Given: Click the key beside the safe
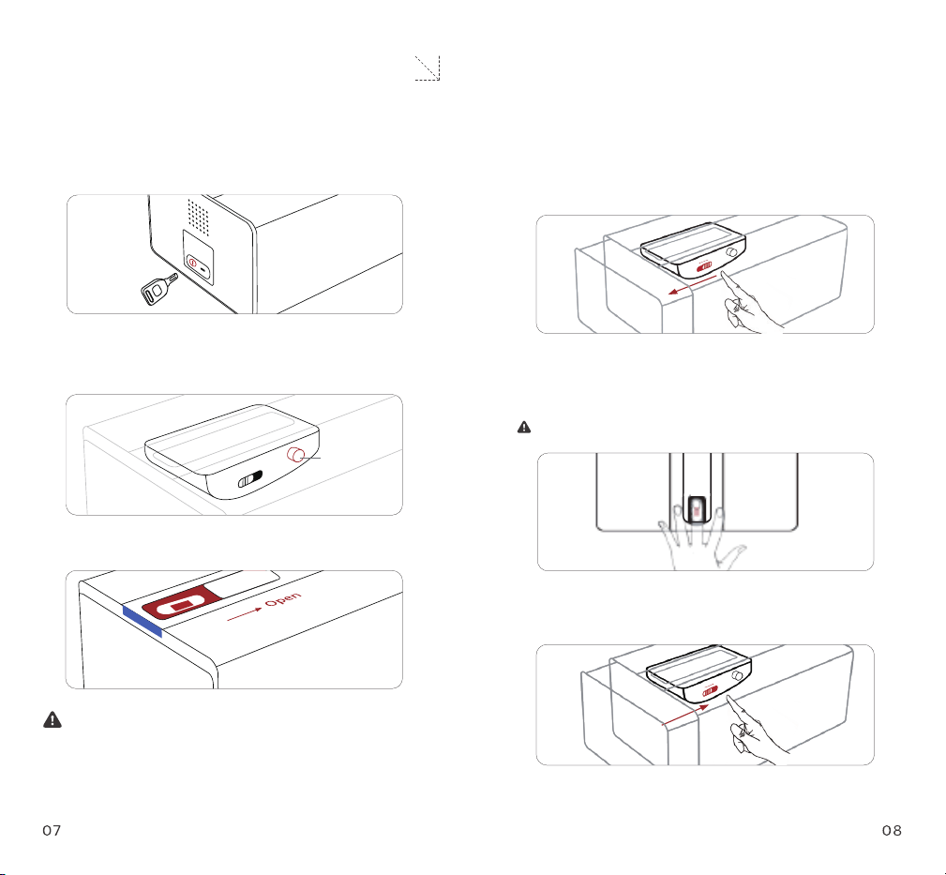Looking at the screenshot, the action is (x=158, y=290).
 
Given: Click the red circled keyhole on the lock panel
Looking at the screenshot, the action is (x=192, y=263).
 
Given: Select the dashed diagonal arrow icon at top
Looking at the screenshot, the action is (x=428, y=68).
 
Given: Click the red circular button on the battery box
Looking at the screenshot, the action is (x=295, y=455).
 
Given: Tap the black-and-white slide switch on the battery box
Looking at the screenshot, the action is (x=250, y=479).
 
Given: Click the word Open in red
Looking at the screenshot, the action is (x=283, y=599).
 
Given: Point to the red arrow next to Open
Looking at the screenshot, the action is (x=245, y=615).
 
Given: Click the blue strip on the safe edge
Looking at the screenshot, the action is (x=143, y=621).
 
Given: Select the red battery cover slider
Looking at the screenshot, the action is (x=182, y=603).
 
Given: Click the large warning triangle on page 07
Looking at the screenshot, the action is (x=53, y=720).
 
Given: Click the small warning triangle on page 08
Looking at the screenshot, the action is (x=524, y=428).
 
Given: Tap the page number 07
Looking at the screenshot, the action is (x=52, y=831).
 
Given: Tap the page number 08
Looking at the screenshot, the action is (x=892, y=831).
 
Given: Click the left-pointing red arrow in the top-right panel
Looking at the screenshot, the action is (x=692, y=285).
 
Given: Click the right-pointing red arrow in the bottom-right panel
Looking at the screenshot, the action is (x=684, y=715).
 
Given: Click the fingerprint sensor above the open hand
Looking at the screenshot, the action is (x=698, y=510).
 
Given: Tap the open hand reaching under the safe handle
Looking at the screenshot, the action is (x=699, y=540).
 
